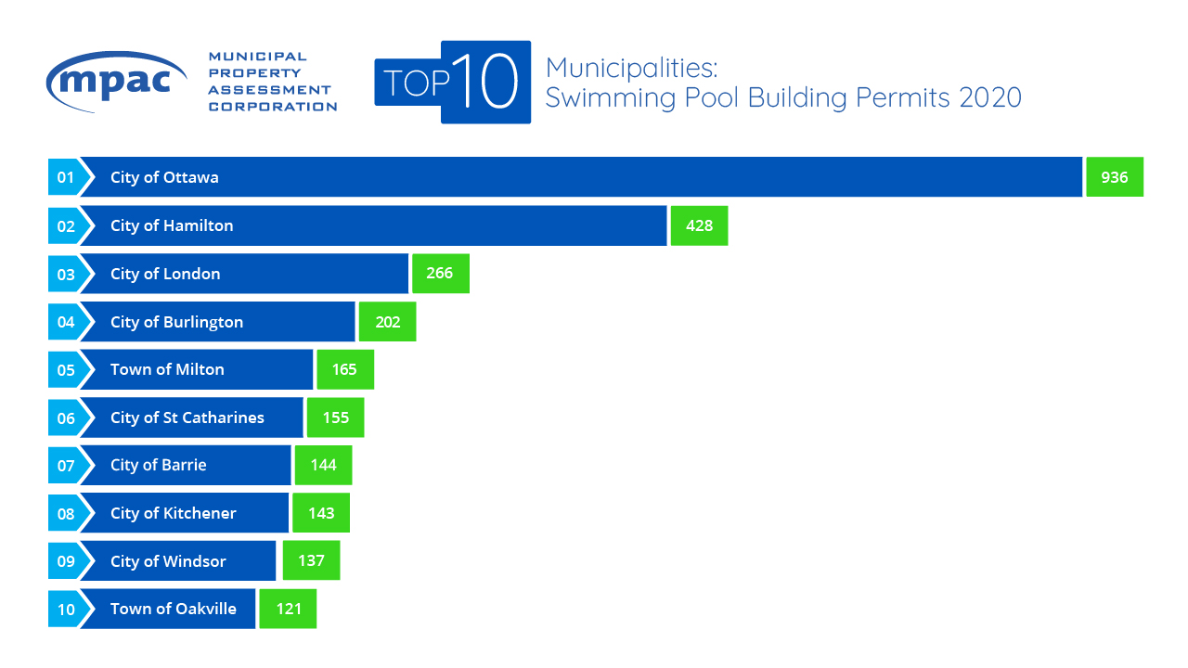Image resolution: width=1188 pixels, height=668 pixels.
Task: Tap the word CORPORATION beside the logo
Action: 272,107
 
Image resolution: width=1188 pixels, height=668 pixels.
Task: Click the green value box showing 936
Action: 1114,177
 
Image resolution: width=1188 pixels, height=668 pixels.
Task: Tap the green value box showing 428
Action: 698,225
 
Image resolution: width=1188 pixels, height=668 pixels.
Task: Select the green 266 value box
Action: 440,274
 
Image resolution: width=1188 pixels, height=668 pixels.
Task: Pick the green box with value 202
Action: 387,322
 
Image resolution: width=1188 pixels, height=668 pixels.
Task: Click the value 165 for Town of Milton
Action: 344,369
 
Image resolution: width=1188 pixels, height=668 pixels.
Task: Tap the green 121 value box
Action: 288,609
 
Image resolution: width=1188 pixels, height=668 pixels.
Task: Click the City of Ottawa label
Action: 164,177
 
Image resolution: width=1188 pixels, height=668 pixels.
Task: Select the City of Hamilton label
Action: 172,225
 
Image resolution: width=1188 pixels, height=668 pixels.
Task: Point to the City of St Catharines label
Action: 187,417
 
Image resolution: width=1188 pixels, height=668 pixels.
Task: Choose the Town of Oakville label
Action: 173,609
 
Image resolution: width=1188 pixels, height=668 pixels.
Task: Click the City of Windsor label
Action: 168,561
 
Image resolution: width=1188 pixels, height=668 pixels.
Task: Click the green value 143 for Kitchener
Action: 320,513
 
